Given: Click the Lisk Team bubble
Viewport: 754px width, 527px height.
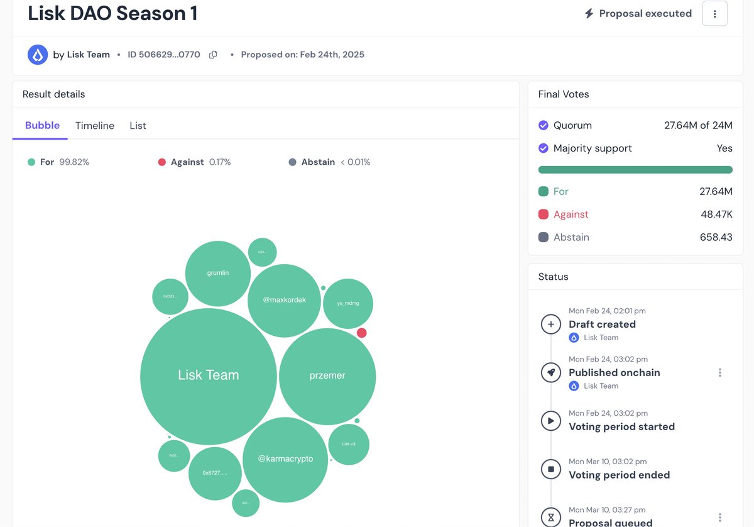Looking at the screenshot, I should coord(208,376).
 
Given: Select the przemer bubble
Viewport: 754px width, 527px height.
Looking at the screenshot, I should coord(327,376).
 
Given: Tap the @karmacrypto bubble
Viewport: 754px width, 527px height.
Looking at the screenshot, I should coord(285,460).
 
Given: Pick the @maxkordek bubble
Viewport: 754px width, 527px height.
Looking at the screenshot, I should coord(285,301).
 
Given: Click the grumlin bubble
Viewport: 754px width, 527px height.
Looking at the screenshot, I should coord(218,274).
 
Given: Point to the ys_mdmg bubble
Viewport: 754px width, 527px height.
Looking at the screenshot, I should coord(347,304).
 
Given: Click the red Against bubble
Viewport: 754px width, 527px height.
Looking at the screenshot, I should coord(362,333).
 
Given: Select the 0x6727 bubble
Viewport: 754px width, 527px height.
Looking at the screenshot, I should coord(215,473).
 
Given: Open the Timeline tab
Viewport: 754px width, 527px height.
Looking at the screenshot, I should coord(95,126).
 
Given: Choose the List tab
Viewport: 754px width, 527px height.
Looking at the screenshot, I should coord(138,126).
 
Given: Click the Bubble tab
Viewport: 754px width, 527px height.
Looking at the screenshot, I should coord(42,126).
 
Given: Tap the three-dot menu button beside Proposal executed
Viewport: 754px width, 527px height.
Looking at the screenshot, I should coord(714,14).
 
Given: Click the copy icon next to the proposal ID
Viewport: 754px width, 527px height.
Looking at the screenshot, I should coord(213,55).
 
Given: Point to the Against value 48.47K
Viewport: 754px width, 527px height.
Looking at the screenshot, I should coord(716,214).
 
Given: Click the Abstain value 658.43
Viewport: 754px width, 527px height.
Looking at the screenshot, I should coord(716,237).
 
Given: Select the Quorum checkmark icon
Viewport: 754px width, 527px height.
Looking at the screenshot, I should coord(544,125).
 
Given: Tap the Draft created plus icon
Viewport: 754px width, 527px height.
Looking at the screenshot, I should coord(551,325).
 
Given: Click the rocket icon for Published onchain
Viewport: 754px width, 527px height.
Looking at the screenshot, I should coord(551,372).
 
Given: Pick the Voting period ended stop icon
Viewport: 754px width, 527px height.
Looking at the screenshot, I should coord(551,469).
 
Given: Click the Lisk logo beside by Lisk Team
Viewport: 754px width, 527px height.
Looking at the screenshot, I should coord(38,55).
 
